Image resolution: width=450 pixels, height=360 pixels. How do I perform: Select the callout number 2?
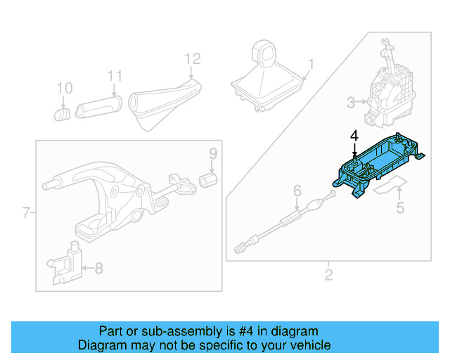click(x=328, y=274)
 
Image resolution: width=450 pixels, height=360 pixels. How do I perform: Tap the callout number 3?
click(x=351, y=104)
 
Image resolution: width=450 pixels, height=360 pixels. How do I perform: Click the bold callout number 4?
click(x=354, y=136)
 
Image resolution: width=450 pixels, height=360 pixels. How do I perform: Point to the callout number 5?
click(x=400, y=207)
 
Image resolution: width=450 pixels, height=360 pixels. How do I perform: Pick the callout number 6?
click(x=297, y=190)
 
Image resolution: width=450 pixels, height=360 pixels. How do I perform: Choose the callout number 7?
click(x=26, y=212)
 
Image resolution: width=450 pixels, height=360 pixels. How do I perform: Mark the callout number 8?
click(x=98, y=267)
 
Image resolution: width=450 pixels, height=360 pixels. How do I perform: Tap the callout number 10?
click(x=64, y=89)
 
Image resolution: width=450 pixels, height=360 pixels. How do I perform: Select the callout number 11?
click(x=115, y=76)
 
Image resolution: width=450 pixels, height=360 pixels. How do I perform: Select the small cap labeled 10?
click(x=62, y=112)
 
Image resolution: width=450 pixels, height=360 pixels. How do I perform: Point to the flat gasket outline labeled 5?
click(x=390, y=186)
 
